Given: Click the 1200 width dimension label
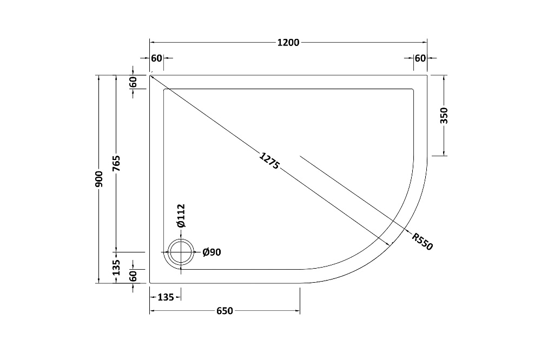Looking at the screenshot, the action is [288, 42].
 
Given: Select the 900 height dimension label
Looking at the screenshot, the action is [99, 179].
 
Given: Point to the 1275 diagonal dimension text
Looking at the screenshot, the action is [269, 161].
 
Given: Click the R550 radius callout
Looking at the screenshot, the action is [422, 242].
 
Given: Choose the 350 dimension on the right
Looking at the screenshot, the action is [444, 116].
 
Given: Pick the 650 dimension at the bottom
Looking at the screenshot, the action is [225, 311].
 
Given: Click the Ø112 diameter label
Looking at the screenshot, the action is [181, 216].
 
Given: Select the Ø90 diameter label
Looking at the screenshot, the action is [212, 252].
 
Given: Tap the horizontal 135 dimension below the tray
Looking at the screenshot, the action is [166, 297].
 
